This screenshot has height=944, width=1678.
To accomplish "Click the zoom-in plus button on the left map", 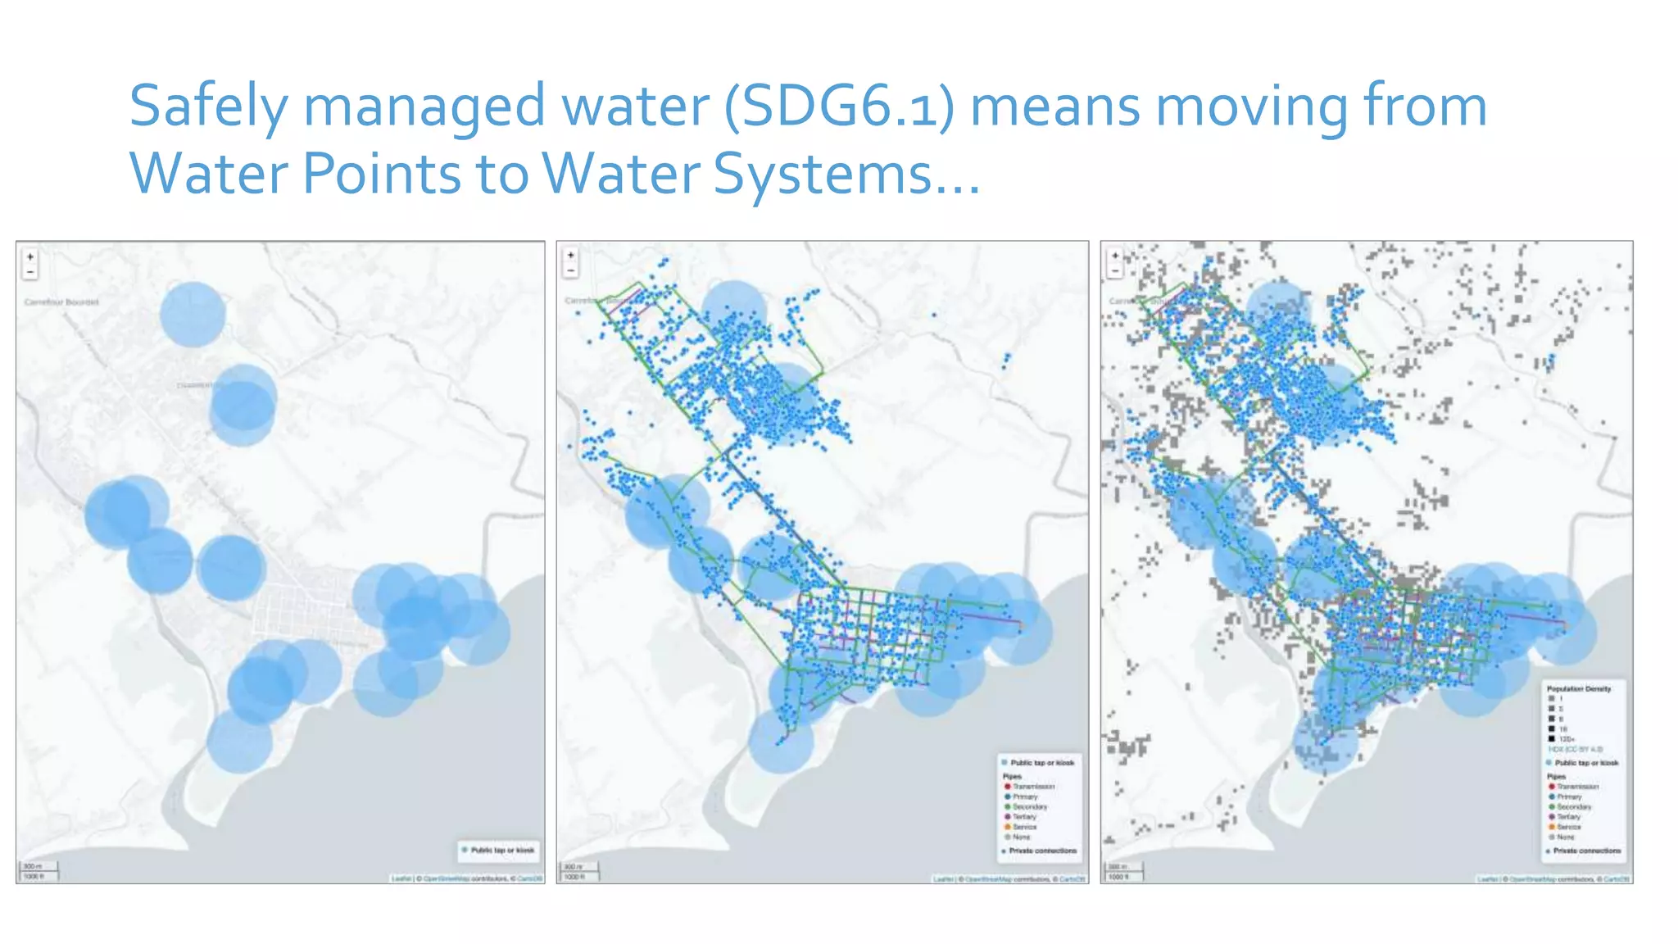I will pyautogui.click(x=30, y=256).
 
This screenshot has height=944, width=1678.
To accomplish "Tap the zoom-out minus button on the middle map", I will pyautogui.click(x=571, y=270).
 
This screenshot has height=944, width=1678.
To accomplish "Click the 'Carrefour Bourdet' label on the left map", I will pyautogui.click(x=61, y=302).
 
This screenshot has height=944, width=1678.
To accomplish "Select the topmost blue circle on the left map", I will pyautogui.click(x=193, y=314).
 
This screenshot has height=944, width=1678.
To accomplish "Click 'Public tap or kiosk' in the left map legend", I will pyautogui.click(x=501, y=850).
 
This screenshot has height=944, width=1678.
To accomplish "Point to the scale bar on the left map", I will pyautogui.click(x=38, y=870).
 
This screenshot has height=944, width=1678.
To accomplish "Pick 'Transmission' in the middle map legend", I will pyautogui.click(x=1033, y=787).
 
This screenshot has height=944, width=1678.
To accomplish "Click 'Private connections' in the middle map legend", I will pyautogui.click(x=1042, y=851).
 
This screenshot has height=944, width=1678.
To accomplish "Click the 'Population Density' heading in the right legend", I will pyautogui.click(x=1579, y=689).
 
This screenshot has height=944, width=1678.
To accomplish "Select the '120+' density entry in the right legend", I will pyautogui.click(x=1566, y=739).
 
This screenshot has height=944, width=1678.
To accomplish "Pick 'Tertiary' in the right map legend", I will pyautogui.click(x=1568, y=817).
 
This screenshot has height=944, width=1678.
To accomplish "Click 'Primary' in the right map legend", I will pyautogui.click(x=1569, y=796).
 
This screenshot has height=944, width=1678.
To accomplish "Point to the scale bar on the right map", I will pyautogui.click(x=1123, y=870).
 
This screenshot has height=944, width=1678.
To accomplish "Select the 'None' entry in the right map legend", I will pyautogui.click(x=1565, y=837).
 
